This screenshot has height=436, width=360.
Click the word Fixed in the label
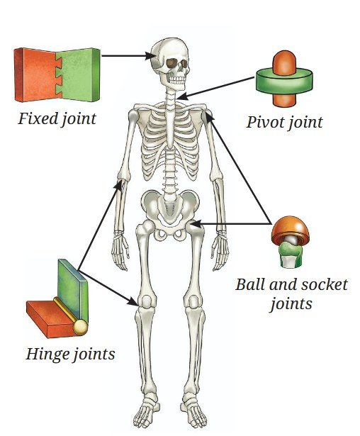pos(38,118)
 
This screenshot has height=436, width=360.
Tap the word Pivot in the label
pos(265,122)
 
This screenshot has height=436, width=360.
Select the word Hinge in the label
pos(47,354)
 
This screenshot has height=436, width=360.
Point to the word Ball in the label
pos(248,284)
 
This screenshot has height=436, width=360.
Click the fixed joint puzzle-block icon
pos(57,75)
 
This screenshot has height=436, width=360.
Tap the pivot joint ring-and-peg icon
pos(284,79)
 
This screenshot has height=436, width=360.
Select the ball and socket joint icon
pos(291,242)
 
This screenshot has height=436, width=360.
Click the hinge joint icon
pos(57,299)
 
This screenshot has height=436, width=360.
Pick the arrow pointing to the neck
pos(215,89)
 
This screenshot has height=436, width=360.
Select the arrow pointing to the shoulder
pos(238,168)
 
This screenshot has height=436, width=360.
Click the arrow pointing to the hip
pos(231,223)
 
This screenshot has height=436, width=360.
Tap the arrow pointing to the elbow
pos(100,225)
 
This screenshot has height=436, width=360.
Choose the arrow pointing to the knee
pos(108,288)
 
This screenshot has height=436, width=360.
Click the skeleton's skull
pos(170,64)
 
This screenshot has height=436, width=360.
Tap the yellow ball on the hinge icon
pos(81,328)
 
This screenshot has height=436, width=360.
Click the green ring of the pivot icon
pos(284,82)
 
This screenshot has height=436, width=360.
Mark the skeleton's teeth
pos(177,79)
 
